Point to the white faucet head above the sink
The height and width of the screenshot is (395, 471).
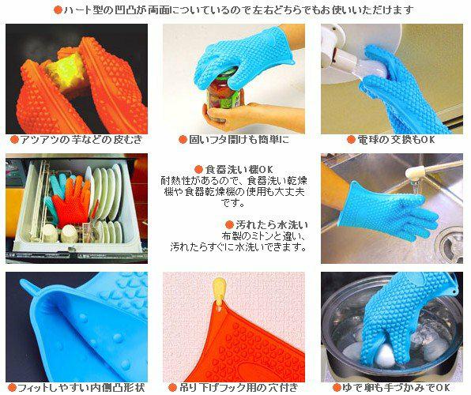[415, 173]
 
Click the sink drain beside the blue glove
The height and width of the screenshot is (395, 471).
[450, 243]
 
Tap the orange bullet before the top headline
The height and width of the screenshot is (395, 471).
[58, 10]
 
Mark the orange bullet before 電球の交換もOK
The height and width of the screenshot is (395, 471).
[351, 140]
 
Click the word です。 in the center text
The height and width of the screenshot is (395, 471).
[233, 203]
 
